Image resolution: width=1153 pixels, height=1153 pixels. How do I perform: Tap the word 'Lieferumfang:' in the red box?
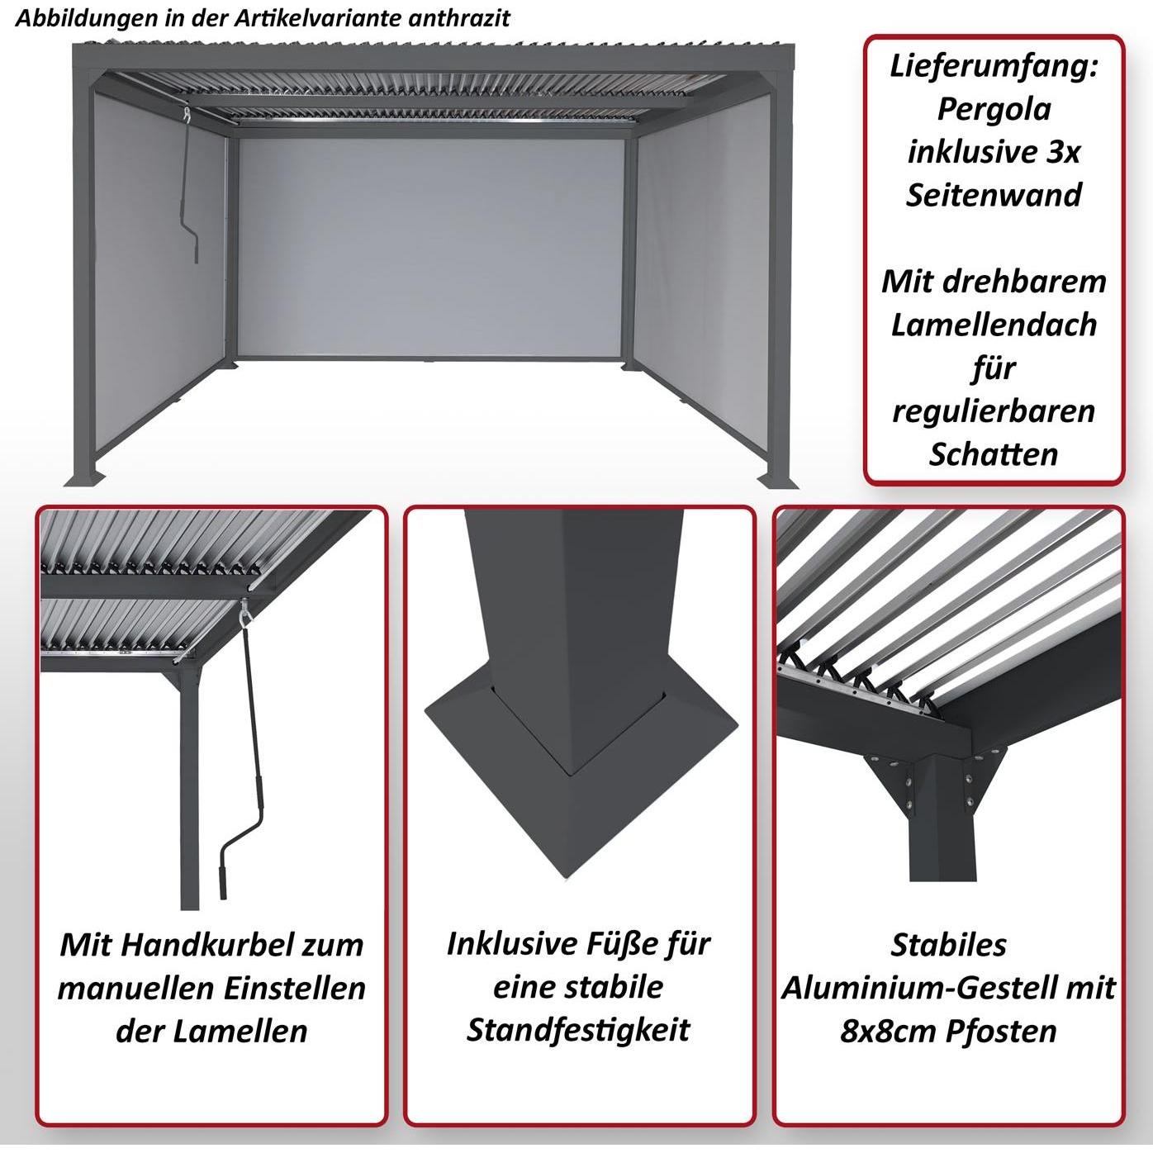(x=994, y=66)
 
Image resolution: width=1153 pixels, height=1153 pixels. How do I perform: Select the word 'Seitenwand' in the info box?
(x=994, y=195)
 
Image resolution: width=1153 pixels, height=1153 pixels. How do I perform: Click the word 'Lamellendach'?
(x=994, y=325)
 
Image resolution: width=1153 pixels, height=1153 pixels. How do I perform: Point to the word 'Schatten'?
(x=994, y=453)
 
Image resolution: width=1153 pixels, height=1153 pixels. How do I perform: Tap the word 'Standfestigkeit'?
(x=578, y=1030)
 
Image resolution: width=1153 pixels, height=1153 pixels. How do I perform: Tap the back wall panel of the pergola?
(x=429, y=248)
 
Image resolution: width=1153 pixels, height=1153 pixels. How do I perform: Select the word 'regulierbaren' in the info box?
(x=994, y=410)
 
